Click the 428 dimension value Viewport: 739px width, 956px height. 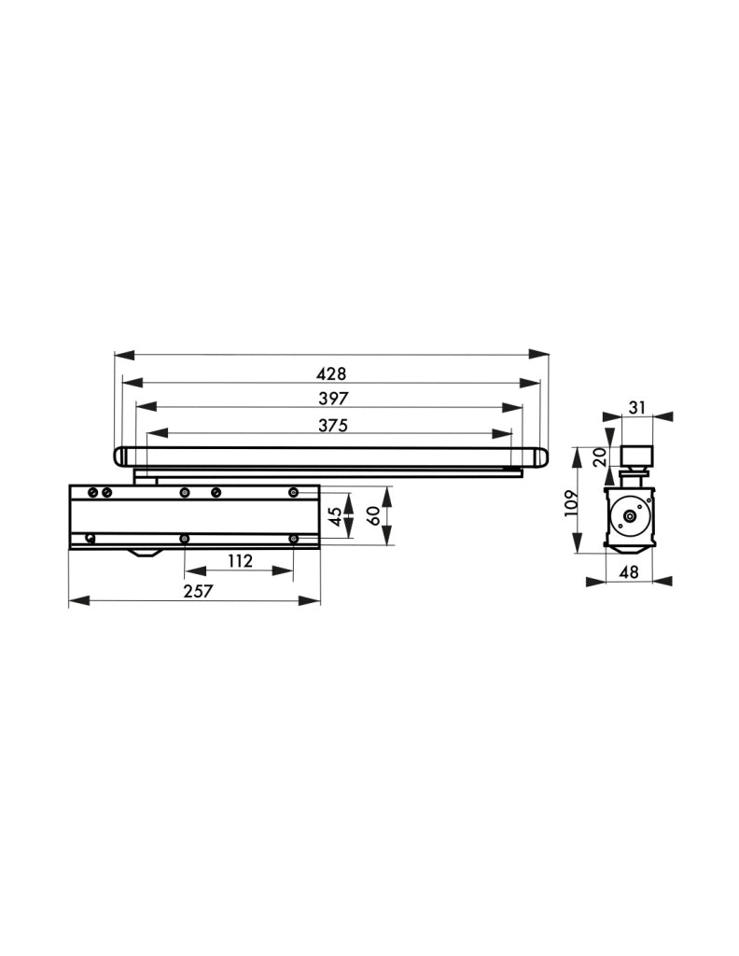(332, 373)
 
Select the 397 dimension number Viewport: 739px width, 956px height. (333, 398)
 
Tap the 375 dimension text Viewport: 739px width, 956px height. (332, 425)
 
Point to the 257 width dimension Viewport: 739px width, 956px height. (199, 591)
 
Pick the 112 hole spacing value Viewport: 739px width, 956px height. (240, 560)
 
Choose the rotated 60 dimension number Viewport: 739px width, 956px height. (374, 515)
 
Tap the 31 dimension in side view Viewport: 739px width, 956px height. (636, 407)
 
